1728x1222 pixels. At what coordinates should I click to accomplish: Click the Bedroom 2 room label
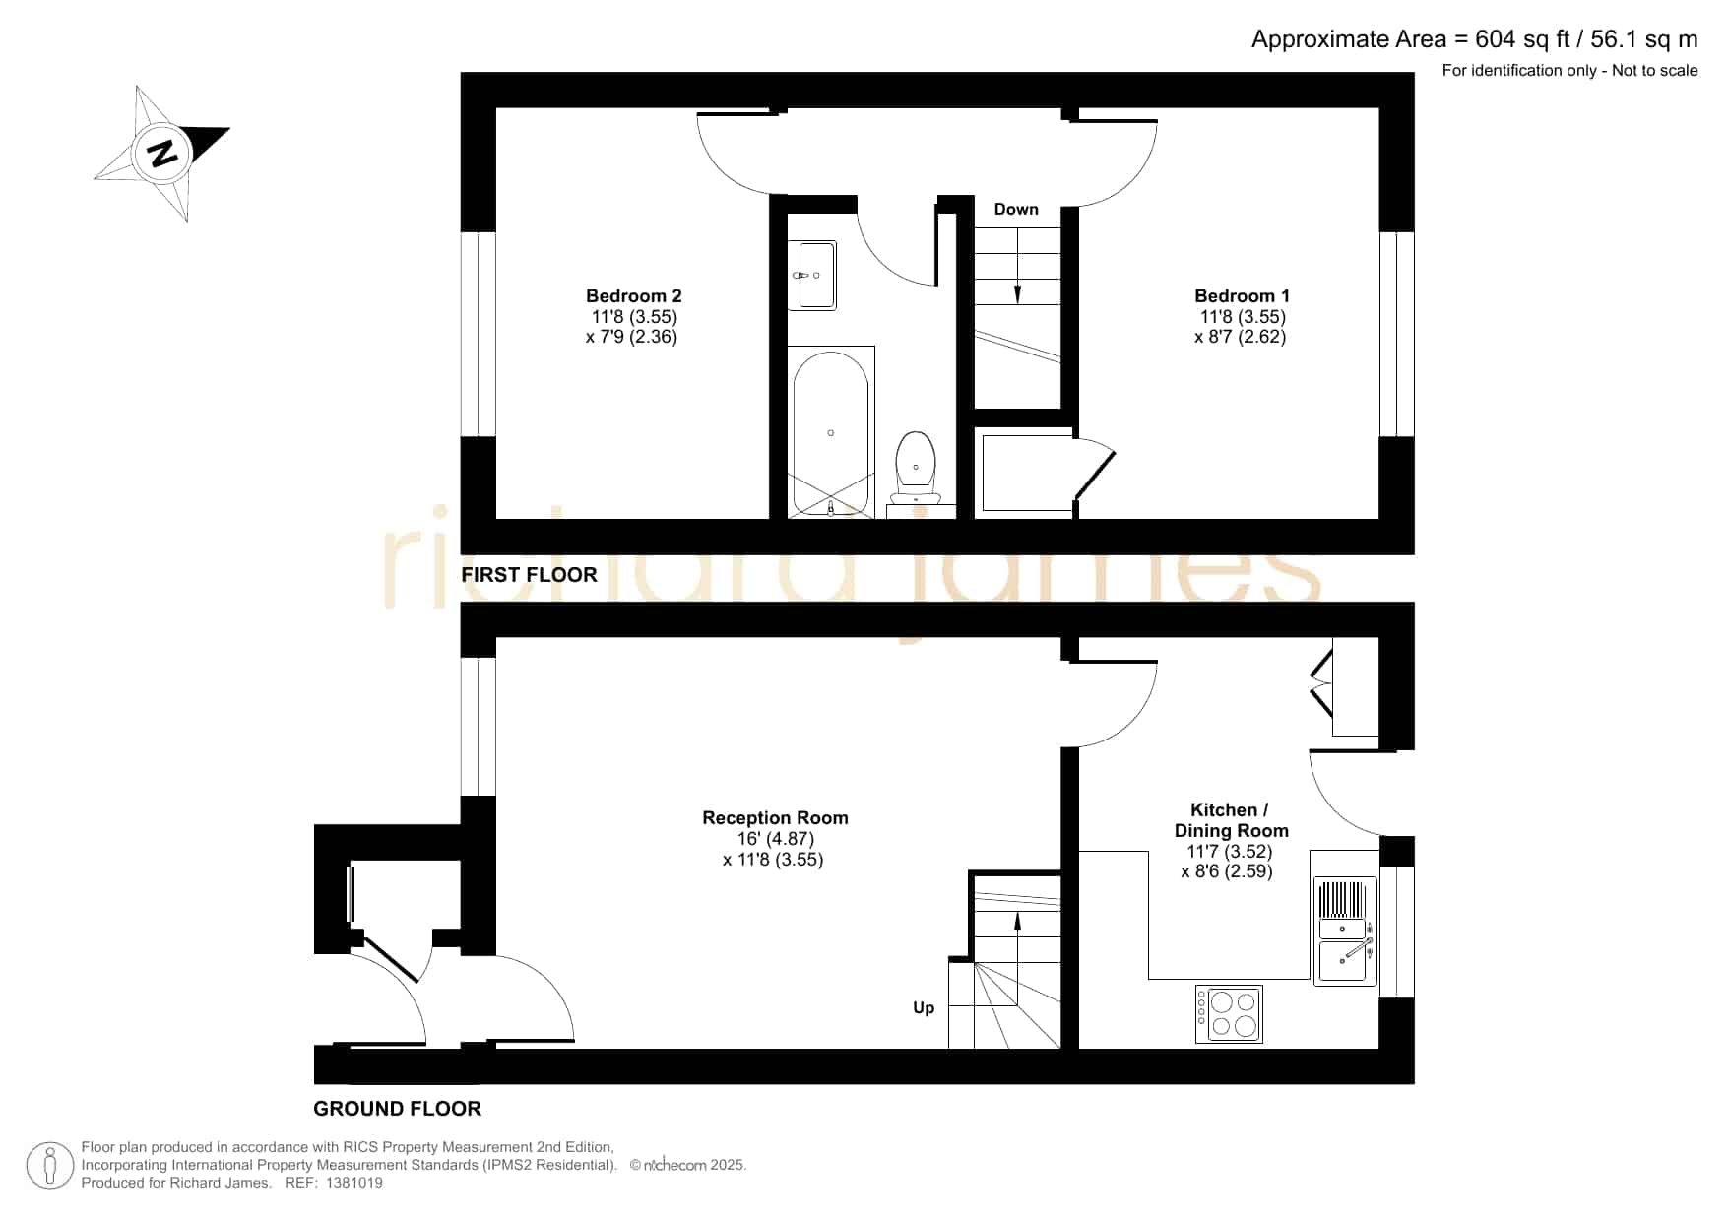coord(633,295)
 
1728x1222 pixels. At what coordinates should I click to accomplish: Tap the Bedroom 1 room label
coord(1242,295)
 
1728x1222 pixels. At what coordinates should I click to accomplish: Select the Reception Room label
coord(775,817)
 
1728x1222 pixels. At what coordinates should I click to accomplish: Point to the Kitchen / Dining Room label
coord(1231,820)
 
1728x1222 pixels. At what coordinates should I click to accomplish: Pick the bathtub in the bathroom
coord(831,432)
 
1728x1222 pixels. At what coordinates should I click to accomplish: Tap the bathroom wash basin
coord(811,276)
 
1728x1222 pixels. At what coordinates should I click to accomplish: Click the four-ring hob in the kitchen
coord(1229,1014)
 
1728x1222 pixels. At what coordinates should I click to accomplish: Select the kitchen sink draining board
coord(1343,900)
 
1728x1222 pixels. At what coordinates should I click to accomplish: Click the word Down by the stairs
coord(1016,209)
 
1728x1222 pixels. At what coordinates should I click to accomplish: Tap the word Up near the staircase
coord(924,1007)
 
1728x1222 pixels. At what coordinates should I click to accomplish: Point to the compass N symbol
coord(162,154)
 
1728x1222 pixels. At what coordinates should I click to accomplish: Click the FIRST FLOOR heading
coord(529,575)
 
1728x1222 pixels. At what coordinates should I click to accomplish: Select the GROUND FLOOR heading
coord(397,1109)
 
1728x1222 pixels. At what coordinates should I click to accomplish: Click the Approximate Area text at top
coord(1474,39)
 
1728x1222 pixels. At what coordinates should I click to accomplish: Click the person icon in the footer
coord(49,1166)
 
